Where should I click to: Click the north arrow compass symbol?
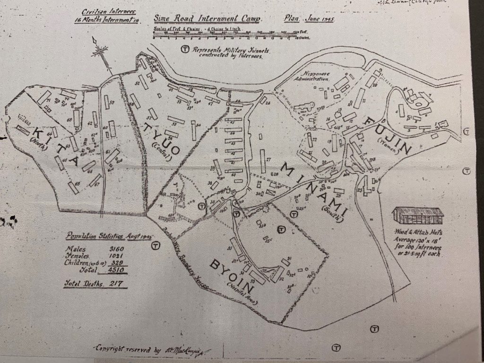pyautogui.click(x=99, y=51)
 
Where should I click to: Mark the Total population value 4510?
pyautogui.click(x=117, y=270)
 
